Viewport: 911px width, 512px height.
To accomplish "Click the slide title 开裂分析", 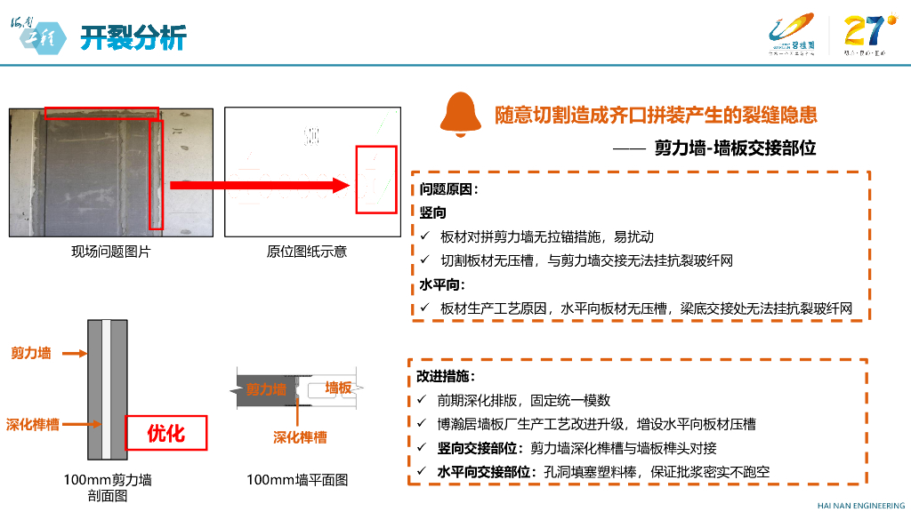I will coord(133,37).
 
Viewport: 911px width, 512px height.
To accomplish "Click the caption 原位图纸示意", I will coord(306,252).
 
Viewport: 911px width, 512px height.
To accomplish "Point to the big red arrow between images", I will coord(258,185).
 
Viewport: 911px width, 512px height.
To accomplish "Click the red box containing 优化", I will coord(165,433).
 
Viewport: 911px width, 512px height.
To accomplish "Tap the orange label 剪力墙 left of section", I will coord(31,353).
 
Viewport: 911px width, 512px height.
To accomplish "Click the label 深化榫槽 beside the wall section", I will coord(33,424).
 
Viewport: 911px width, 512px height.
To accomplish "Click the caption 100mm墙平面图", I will coord(297,480).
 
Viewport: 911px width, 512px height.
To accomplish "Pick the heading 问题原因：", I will coord(448,189).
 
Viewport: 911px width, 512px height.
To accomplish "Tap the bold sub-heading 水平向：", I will coord(442,284).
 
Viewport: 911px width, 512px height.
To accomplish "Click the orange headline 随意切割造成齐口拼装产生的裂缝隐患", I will coord(656,115).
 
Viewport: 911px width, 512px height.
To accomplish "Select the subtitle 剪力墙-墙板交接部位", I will coord(735,148).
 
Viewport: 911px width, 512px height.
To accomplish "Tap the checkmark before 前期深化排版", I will coord(422,401).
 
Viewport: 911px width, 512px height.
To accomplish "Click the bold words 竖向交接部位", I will coord(479,448).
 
